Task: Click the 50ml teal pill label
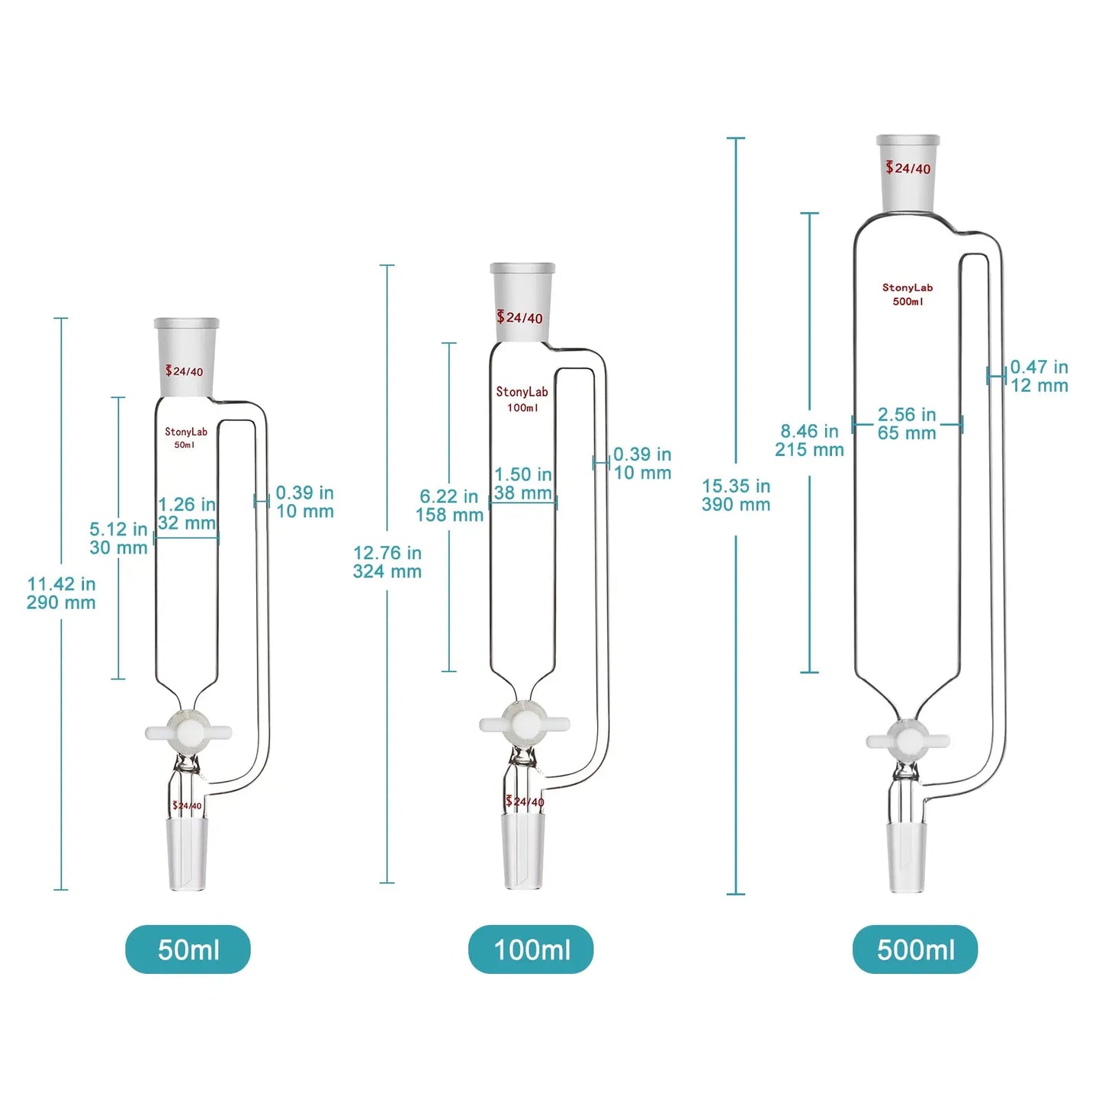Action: point(188,949)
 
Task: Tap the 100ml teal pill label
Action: point(531,949)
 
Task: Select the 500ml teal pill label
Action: point(915,949)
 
